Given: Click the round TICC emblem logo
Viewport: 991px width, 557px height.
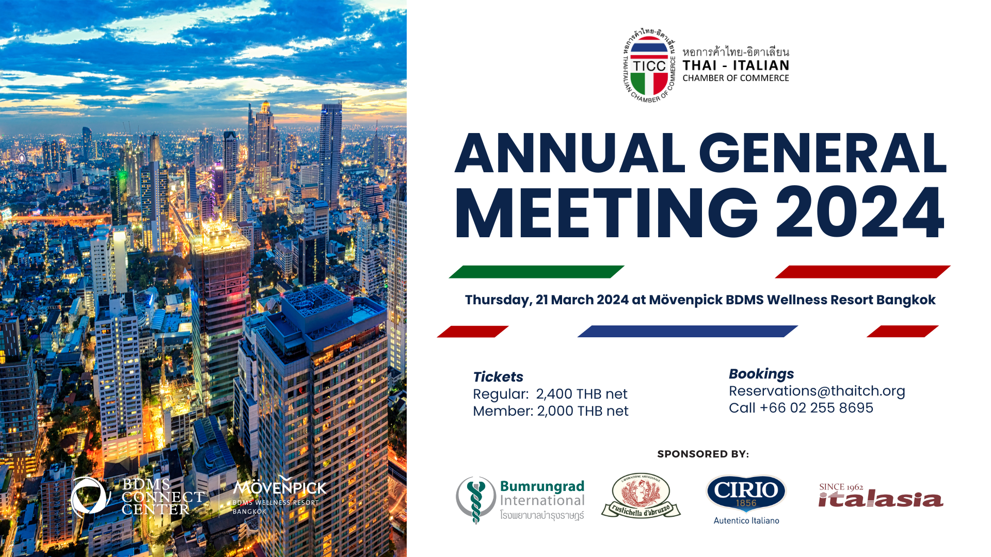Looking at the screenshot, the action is pos(649,65).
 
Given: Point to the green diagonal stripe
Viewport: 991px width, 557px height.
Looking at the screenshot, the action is pos(537,272).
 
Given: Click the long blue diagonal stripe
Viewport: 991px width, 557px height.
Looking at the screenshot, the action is pos(688,331).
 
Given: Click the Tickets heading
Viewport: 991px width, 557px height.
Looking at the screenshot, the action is pos(498,377).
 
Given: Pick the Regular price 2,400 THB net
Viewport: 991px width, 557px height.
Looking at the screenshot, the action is pos(582,394).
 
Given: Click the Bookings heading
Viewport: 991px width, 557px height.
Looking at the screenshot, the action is pos(761,374).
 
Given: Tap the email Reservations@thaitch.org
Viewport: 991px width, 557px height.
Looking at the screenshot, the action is pos(817,391).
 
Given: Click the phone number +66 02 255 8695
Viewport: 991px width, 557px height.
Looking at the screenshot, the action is pos(817,408).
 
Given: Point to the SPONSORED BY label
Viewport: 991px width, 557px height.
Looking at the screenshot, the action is pos(703,454).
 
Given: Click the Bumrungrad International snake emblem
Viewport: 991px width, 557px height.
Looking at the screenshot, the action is pos(476,500).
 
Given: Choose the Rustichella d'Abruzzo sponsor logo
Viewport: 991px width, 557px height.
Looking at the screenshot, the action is pos(641,496).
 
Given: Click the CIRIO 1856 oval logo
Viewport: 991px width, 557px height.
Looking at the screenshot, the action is pos(746,494).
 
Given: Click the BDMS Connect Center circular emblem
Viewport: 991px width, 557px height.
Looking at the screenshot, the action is pos(90,497).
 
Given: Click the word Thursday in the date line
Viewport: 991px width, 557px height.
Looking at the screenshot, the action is pos(498,300).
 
